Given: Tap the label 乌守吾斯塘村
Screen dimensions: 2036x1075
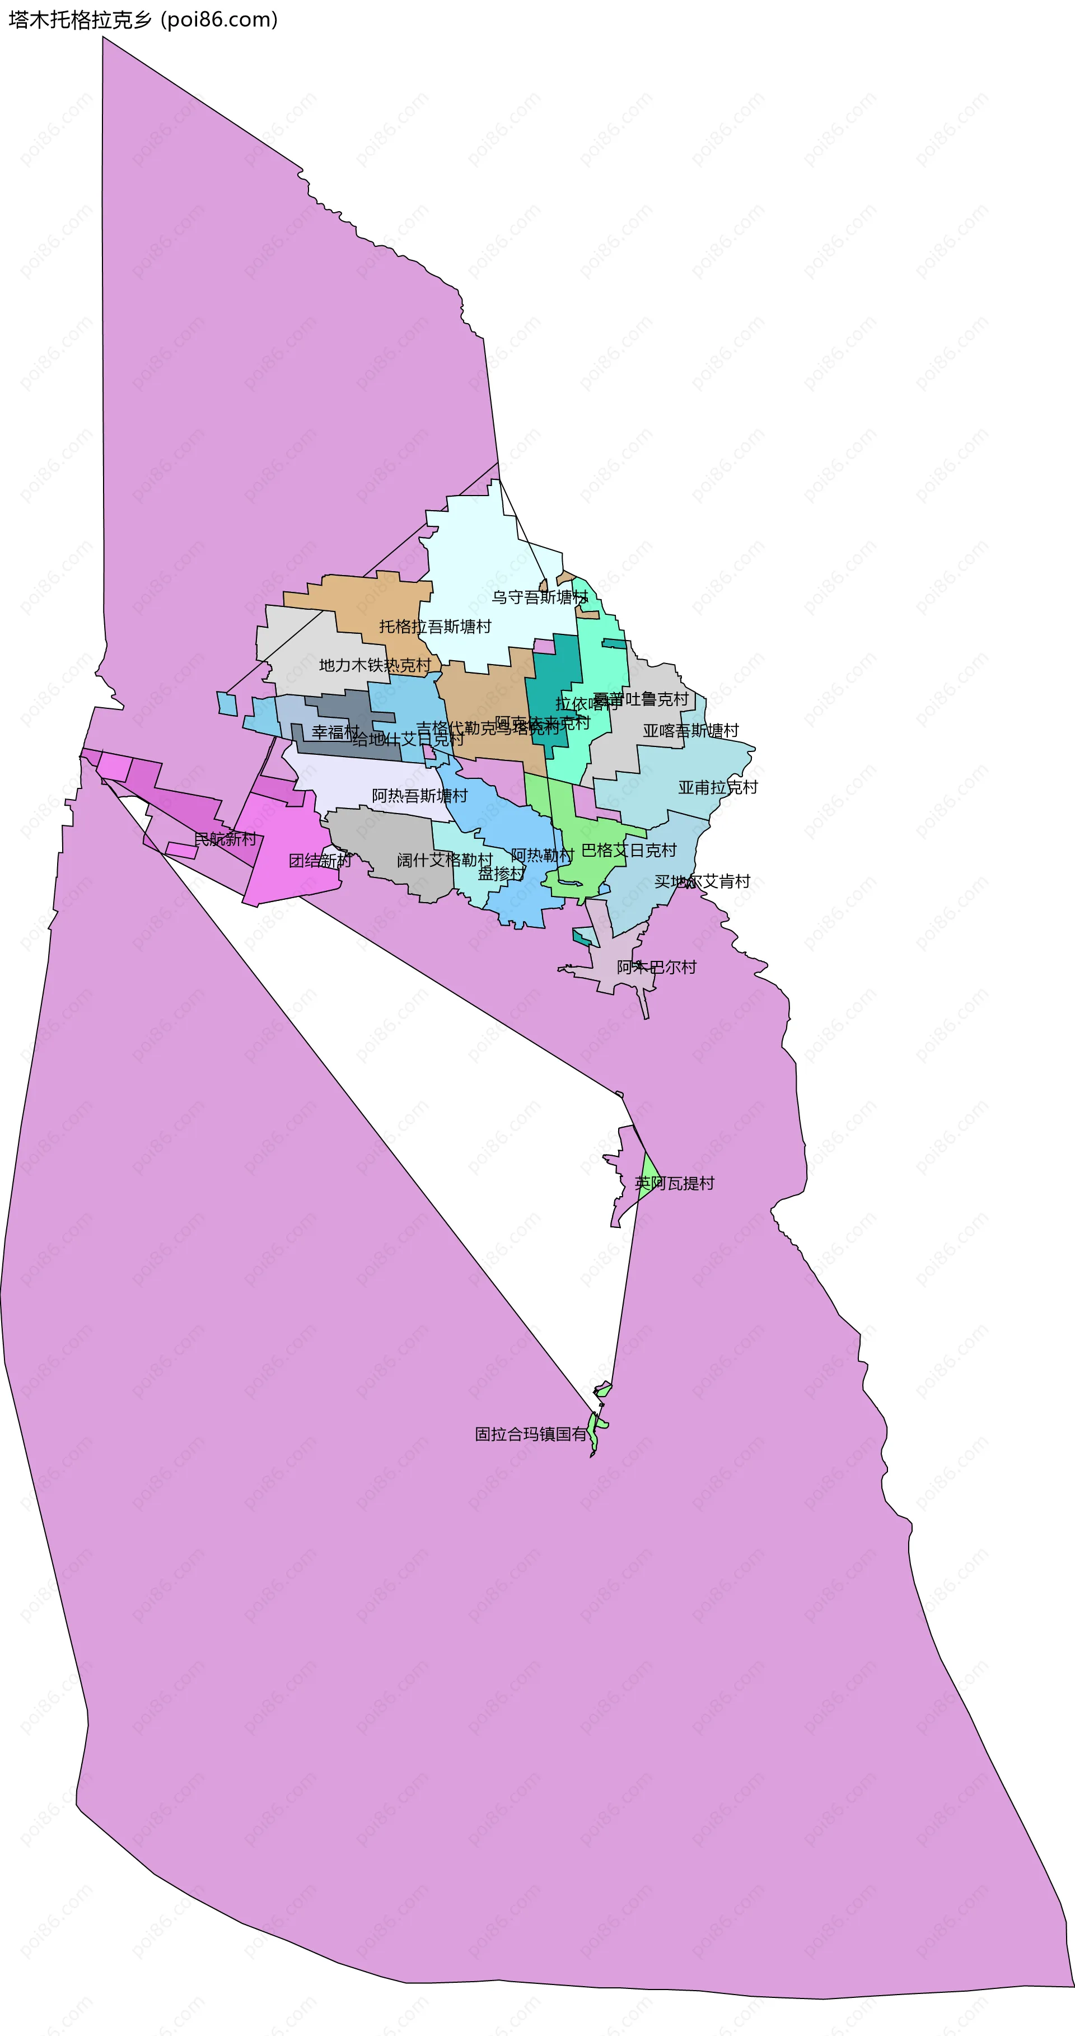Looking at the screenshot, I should click(x=540, y=597).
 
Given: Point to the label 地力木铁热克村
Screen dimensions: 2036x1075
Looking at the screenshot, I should click(x=375, y=665).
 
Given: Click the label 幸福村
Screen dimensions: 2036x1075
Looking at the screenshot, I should click(x=335, y=732).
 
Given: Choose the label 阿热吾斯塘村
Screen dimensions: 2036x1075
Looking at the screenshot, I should click(x=420, y=795).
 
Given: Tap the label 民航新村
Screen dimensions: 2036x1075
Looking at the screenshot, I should click(x=225, y=839).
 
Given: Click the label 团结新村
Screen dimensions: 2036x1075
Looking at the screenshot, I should click(x=320, y=861).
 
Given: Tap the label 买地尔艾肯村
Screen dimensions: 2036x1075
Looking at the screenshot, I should click(x=702, y=881).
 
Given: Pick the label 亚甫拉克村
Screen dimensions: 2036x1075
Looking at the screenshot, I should click(x=718, y=787).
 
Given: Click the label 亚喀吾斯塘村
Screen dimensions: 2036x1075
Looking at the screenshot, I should click(x=691, y=730).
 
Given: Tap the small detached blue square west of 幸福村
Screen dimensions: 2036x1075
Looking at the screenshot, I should click(x=227, y=703).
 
